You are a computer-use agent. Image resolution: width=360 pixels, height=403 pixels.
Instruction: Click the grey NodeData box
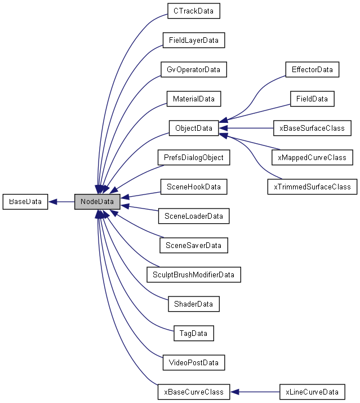click(x=97, y=201)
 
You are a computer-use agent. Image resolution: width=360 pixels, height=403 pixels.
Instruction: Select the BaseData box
click(x=25, y=201)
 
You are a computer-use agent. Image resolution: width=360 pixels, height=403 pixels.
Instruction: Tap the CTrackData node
click(x=193, y=11)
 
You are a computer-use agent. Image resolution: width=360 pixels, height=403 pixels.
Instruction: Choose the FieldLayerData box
click(x=193, y=41)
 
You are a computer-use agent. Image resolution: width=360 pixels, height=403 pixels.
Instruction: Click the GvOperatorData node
click(x=193, y=70)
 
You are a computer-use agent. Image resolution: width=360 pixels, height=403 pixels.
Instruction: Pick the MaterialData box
click(x=193, y=99)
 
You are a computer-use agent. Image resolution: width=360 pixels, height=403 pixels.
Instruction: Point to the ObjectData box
click(x=193, y=129)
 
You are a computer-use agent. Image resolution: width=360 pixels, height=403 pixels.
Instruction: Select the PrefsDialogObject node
click(x=193, y=158)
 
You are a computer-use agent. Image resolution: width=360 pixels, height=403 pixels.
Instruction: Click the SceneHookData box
click(x=193, y=187)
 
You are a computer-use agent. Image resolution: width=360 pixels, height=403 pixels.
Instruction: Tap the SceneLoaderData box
click(x=193, y=216)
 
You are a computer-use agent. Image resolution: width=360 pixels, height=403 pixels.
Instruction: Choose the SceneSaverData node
click(x=193, y=245)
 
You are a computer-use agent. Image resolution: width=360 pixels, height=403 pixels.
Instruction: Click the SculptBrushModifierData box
click(x=193, y=274)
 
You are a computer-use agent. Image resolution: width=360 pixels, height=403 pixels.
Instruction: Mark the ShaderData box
click(x=193, y=304)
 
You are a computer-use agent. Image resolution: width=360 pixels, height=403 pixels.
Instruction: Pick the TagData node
click(x=193, y=333)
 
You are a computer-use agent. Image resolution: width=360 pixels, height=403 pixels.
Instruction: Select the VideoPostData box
click(x=193, y=362)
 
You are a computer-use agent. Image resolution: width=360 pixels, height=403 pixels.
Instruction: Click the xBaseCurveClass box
click(x=193, y=391)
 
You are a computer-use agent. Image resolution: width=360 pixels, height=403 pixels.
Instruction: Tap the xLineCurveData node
click(x=312, y=391)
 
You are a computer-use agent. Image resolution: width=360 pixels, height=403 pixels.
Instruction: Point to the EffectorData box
click(x=312, y=70)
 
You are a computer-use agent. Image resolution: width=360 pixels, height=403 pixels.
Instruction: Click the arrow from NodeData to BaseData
click(x=61, y=201)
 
